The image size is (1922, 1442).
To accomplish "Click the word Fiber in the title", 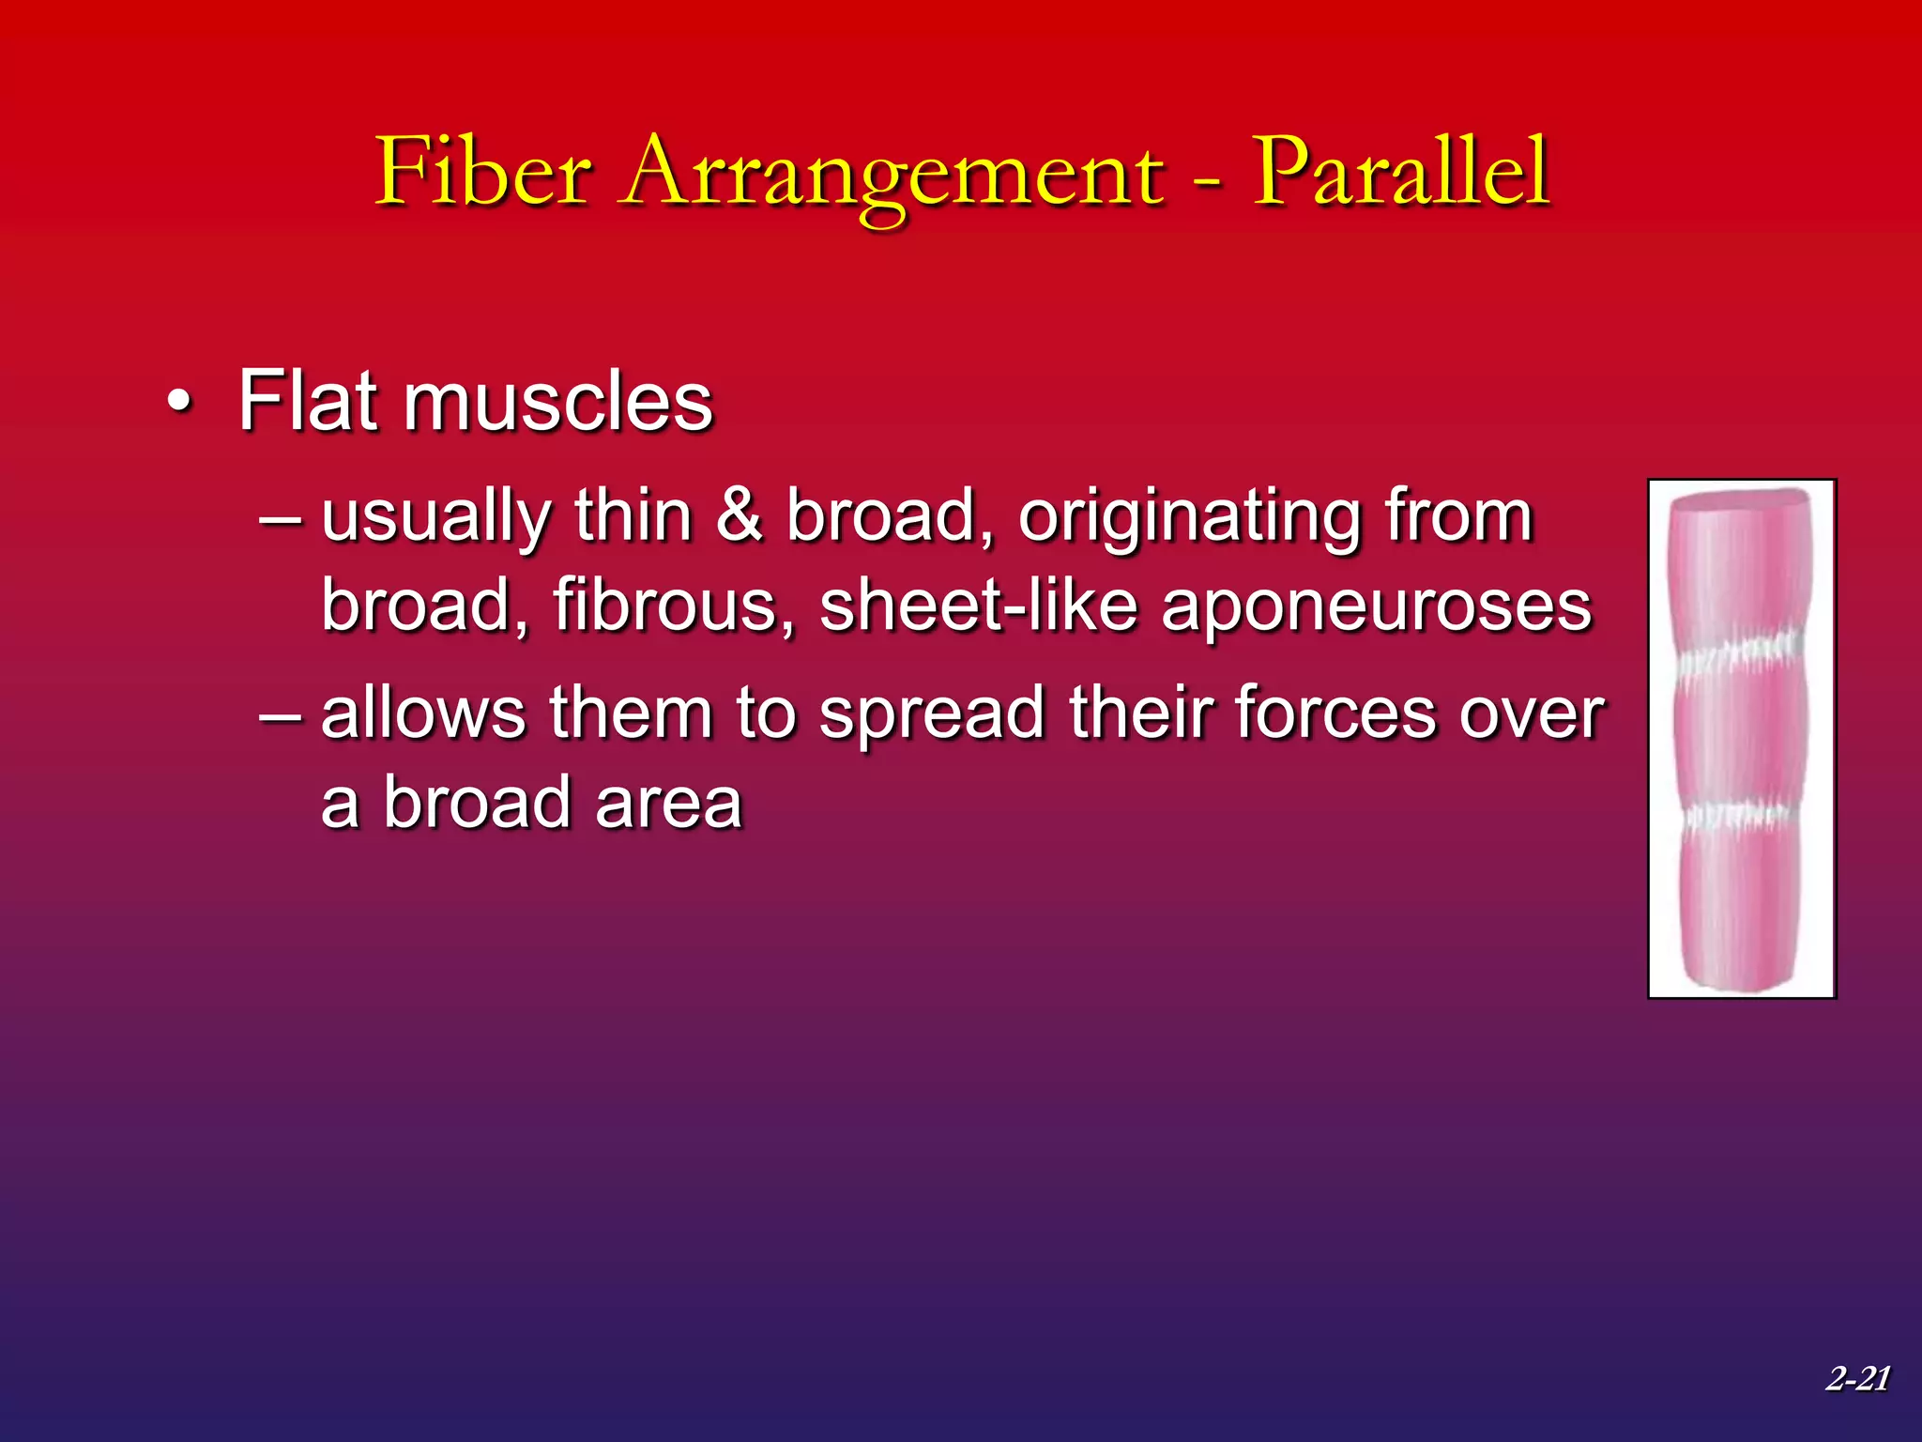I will [483, 172].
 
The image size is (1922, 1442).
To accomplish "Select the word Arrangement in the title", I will [892, 175].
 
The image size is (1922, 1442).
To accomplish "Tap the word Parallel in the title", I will [1401, 172].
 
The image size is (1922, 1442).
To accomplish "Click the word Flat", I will [309, 401].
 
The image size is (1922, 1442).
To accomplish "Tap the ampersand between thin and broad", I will [740, 515].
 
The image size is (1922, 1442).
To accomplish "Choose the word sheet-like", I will [979, 606].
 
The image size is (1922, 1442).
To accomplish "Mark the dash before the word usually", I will [281, 518].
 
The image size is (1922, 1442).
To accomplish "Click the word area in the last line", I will [667, 804].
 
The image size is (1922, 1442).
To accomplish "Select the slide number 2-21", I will [1857, 1378].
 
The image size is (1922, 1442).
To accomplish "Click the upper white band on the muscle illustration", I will [1740, 654].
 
